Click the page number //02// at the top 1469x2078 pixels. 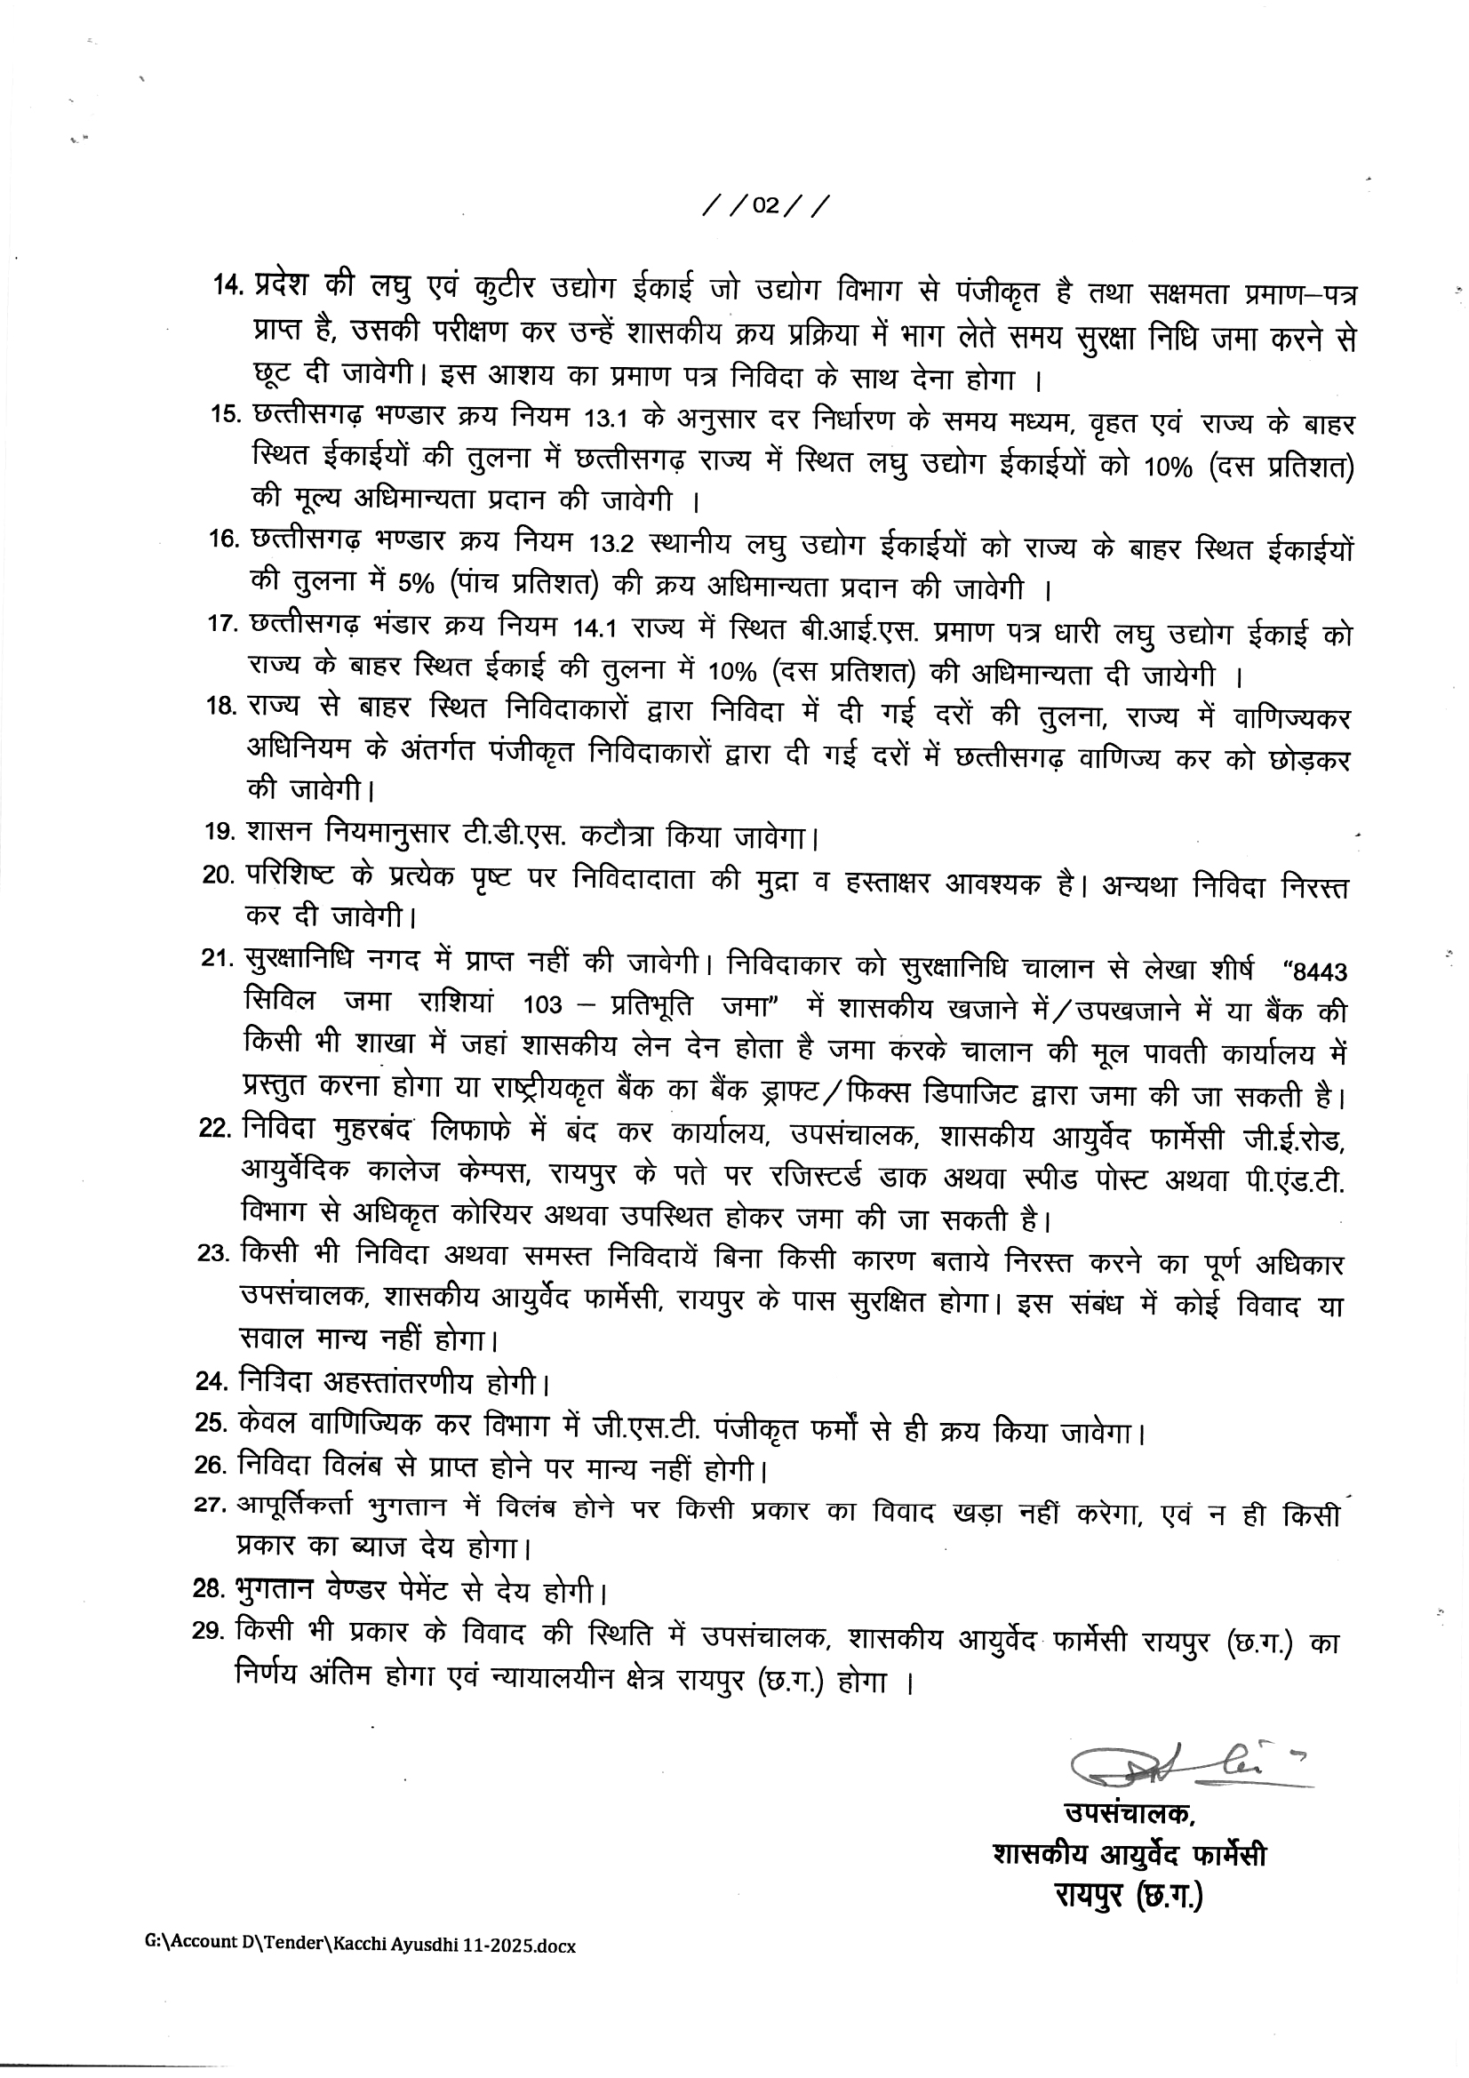click(765, 206)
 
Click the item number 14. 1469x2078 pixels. click(228, 284)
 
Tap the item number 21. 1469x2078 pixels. click(218, 959)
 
